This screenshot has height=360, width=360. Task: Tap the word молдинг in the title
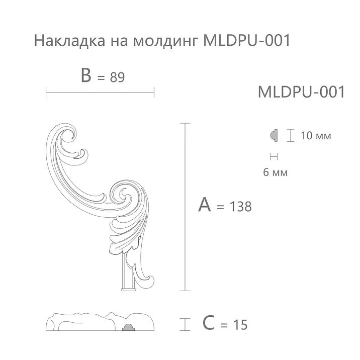tap(165, 41)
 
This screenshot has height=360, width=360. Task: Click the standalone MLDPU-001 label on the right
tap(301, 92)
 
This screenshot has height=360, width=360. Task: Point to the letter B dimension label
tap(86, 76)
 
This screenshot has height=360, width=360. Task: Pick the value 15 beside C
tap(240, 325)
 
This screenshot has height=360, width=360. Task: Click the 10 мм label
tap(316, 136)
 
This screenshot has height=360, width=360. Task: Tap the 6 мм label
tap(275, 172)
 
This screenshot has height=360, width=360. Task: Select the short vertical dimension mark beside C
tap(187, 324)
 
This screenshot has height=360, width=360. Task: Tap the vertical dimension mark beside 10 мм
tap(290, 135)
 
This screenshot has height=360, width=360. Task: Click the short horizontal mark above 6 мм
tap(274, 155)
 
